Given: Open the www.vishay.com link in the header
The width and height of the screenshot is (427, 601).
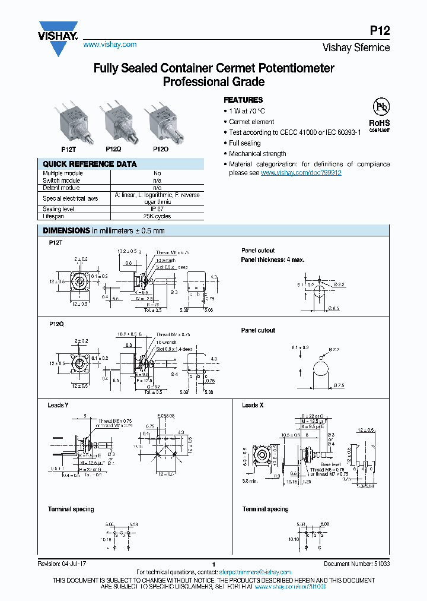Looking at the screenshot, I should (x=110, y=45).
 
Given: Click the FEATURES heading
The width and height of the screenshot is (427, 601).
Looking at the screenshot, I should (x=243, y=100).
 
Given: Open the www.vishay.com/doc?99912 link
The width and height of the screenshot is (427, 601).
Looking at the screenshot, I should (x=301, y=173).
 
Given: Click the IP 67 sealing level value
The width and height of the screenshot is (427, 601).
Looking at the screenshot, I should (x=157, y=209).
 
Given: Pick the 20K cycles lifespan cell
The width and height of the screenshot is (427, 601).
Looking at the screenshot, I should (x=157, y=217).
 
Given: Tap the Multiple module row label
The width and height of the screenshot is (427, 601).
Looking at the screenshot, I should (x=63, y=173).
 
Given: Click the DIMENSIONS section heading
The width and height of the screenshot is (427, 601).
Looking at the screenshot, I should (x=65, y=230).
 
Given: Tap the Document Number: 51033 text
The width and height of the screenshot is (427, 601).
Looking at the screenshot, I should (x=356, y=564).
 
